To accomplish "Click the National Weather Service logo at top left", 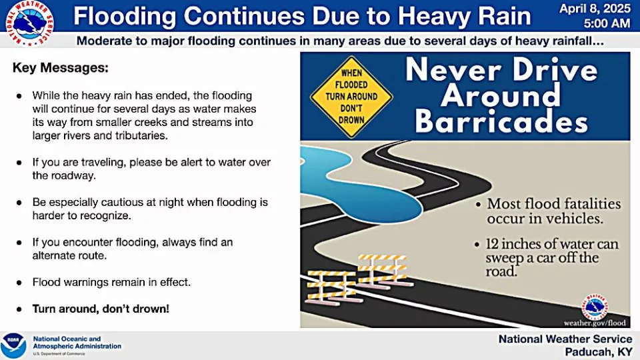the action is [29, 23].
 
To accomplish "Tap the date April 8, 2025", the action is [595, 9].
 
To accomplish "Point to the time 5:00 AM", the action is [607, 24].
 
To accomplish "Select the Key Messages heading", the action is [61, 68].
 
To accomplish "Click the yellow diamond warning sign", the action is [351, 97].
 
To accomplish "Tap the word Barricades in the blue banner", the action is [501, 121].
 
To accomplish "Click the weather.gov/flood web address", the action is [595, 323].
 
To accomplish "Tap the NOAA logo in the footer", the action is [13, 346].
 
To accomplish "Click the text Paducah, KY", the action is [599, 352].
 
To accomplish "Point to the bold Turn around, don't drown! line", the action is [101, 309].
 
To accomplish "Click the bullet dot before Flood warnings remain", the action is [19, 283].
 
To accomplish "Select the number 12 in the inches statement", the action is [492, 244].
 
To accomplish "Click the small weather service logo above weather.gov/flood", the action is [595, 306].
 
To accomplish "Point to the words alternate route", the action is [69, 255].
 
